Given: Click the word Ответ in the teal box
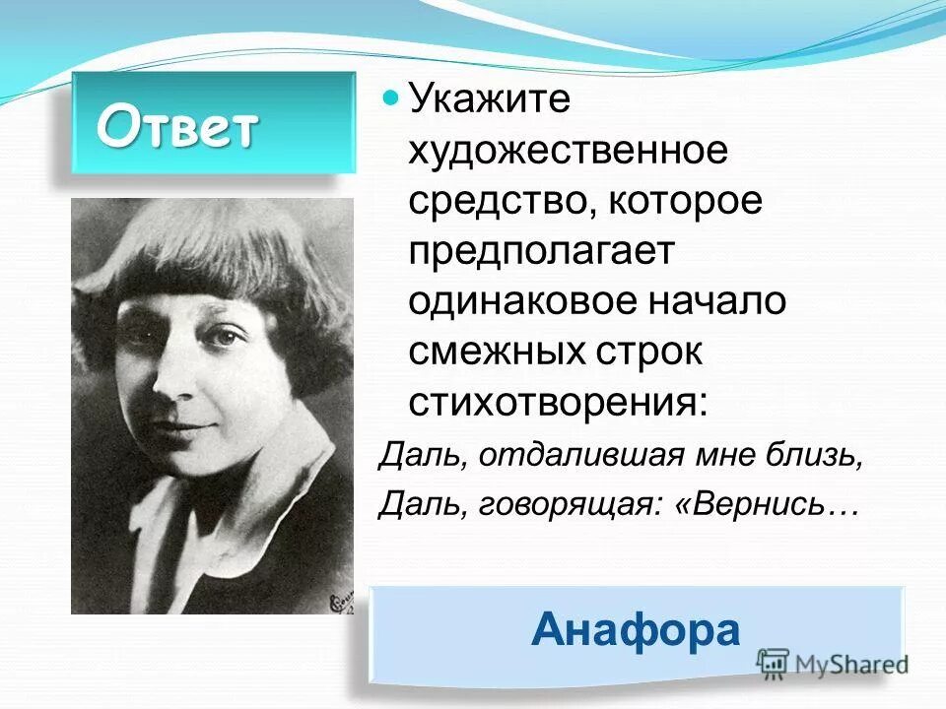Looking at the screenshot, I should tap(177, 127).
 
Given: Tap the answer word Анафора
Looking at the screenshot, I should tap(635, 629).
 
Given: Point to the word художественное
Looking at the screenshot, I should tap(569, 152).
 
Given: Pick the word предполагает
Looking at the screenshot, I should tap(541, 252).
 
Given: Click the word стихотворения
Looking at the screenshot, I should tap(558, 402).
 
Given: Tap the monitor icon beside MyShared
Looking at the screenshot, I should tap(775, 661).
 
